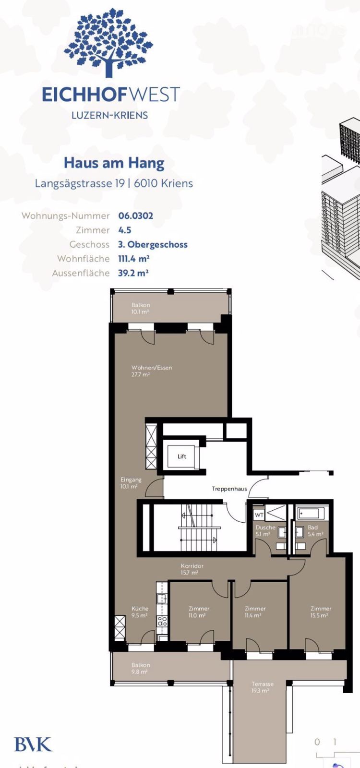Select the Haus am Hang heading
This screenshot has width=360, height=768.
pos(114,163)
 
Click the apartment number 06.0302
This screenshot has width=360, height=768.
pos(136,216)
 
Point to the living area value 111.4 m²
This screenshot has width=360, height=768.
pos(133,259)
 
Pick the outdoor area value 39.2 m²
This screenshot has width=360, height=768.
pos(133,273)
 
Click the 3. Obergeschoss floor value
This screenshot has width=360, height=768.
pos(153,244)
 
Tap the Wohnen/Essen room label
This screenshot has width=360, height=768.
pos(151,371)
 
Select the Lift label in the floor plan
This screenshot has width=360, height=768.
pos(181,456)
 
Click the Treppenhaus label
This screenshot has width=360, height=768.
pos(229,489)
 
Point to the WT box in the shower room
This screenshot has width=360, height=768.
pos(259,515)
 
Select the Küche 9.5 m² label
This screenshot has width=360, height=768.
pos(140,612)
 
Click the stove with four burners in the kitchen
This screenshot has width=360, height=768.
pos(162,621)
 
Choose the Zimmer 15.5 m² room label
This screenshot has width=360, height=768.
pos(321,612)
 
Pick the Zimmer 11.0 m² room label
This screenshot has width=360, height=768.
pos(199,612)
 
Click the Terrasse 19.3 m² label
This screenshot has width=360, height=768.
pos(262,687)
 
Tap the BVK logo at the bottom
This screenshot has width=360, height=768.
pos(33,744)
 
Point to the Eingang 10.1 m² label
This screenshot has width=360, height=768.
pos(130,483)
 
